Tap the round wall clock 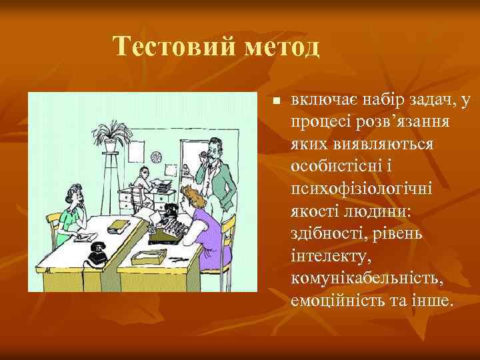point(157,157)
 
